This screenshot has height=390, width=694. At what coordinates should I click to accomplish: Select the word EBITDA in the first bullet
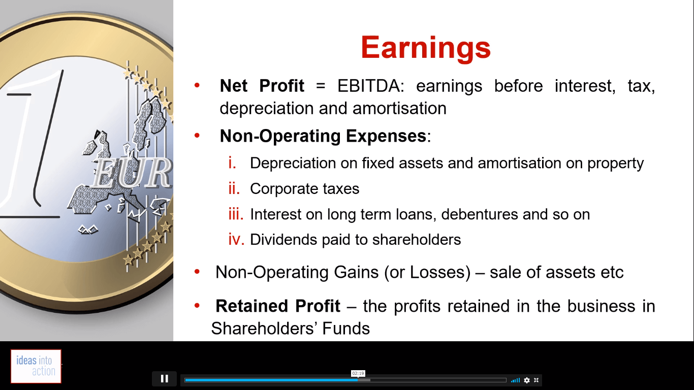pos(371,86)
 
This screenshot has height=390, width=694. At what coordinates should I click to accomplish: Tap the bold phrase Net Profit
pos(262,86)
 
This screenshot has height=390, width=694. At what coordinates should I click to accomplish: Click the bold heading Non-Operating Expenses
pos(323,136)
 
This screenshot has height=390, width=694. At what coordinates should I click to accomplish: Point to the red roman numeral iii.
pos(236,214)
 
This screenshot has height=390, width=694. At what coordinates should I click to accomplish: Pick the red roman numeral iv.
pos(236,240)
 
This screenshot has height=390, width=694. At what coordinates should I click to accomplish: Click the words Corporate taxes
pos(304,188)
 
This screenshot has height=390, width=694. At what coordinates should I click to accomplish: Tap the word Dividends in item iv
pos(283,240)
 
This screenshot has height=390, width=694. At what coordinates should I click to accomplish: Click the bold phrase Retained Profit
pos(277,306)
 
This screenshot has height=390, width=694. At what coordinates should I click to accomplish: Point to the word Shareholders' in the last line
pos(264,329)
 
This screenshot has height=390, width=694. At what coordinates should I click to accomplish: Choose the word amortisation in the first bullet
pos(399,109)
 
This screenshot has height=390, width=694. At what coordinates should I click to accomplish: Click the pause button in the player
pos(165,379)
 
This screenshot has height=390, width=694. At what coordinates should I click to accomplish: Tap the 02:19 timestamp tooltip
pos(358,373)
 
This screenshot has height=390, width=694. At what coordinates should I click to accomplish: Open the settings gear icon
pos(527,380)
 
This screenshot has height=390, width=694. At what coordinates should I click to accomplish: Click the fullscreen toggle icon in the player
pos(537,380)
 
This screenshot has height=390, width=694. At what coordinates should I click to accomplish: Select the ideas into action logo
pos(36,366)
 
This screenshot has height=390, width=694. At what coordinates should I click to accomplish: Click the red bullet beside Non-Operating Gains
pos(197,272)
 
